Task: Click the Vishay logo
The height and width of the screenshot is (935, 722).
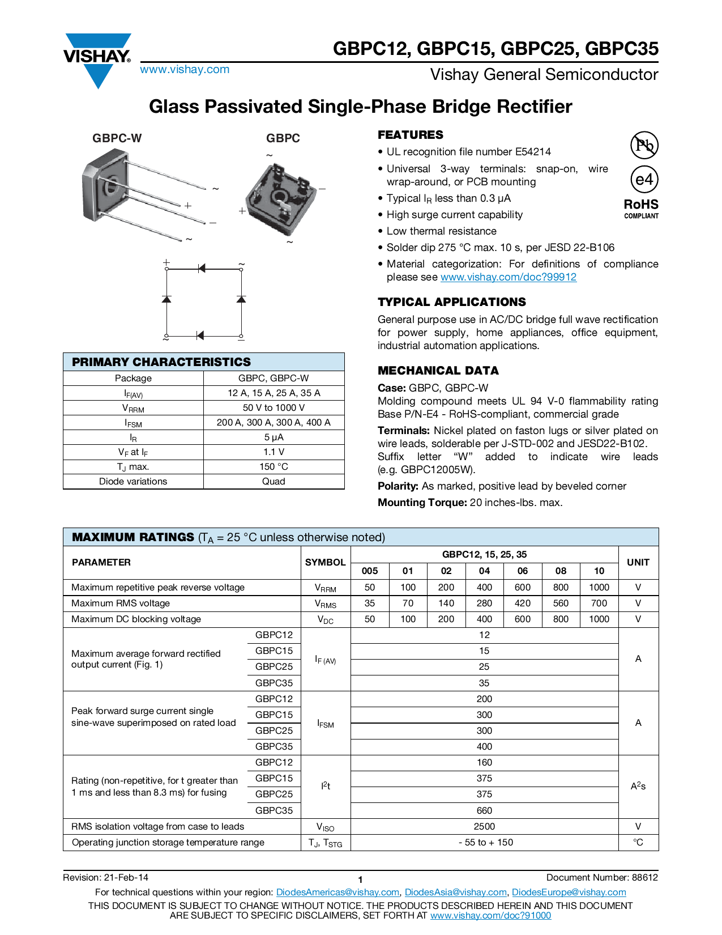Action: [97, 59]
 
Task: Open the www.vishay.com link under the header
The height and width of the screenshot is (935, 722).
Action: [185, 70]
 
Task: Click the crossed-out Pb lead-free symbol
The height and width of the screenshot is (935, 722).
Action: [644, 145]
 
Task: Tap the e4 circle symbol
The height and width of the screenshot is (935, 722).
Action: [644, 180]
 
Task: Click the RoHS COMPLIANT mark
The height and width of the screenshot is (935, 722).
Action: [641, 208]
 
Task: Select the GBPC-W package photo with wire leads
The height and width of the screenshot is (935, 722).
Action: [142, 193]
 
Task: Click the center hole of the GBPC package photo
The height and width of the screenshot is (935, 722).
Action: [279, 197]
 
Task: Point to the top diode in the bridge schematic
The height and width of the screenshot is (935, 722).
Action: [202, 268]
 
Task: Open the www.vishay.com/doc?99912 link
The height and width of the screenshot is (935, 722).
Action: [508, 277]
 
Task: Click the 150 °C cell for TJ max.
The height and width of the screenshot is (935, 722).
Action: [274, 466]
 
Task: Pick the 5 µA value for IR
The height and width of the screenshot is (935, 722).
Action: [274, 437]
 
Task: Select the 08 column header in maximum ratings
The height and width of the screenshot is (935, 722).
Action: [561, 571]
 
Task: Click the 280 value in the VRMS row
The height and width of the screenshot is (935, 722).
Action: [484, 603]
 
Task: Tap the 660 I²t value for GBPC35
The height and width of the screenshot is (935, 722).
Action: [484, 810]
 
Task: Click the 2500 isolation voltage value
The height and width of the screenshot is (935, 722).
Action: [484, 826]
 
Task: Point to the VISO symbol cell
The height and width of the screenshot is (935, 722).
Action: [326, 827]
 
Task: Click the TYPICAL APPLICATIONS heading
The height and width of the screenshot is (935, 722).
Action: [451, 302]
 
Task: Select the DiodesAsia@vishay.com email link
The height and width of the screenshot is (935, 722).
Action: [455, 892]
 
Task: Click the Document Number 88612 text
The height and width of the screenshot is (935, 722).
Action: [602, 877]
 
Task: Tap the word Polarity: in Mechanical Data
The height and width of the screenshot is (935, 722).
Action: [398, 486]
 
